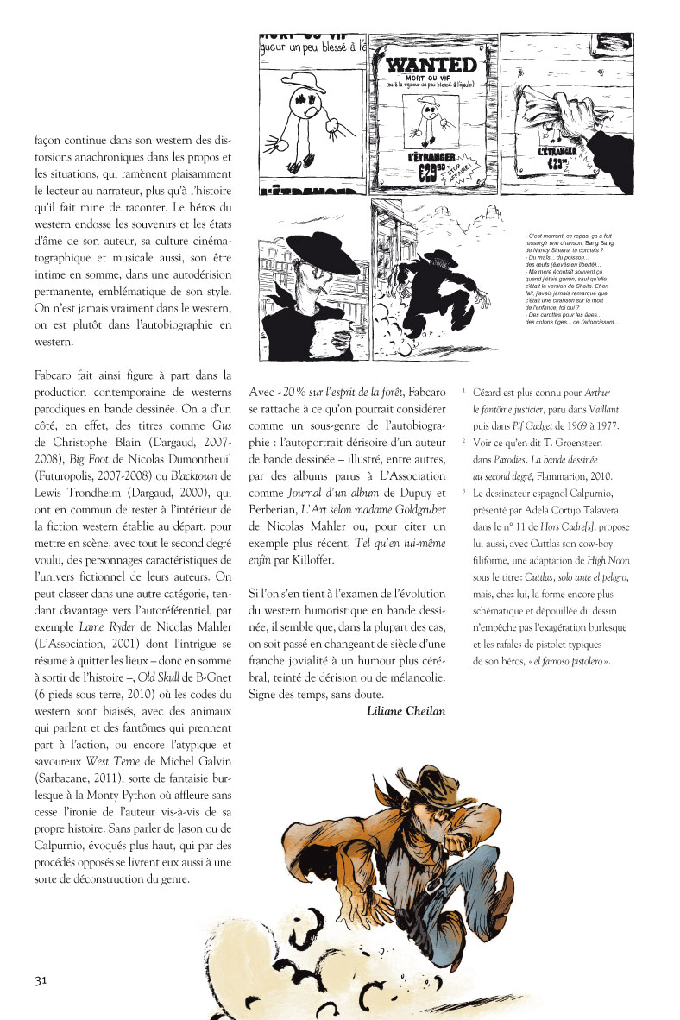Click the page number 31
[40, 979]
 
